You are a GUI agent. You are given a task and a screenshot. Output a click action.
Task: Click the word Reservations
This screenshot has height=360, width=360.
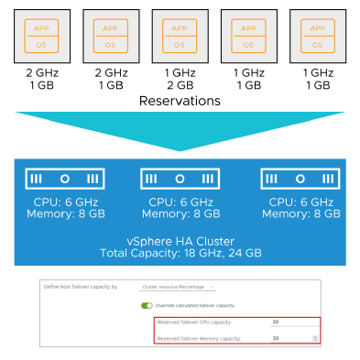click(x=180, y=100)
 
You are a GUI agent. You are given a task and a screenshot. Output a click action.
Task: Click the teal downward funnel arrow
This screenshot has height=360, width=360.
click(x=180, y=128)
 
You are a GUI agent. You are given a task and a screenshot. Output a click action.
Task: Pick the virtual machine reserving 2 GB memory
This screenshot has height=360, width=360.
click(x=180, y=36)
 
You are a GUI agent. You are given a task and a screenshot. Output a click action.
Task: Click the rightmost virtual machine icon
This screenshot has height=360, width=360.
click(x=317, y=36)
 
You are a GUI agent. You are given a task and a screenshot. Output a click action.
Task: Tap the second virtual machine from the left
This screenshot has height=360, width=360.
click(x=110, y=36)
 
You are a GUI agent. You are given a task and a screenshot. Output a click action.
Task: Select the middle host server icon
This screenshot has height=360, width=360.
click(x=180, y=178)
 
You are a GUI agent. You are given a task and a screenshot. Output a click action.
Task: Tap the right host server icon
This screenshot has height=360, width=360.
click(x=300, y=178)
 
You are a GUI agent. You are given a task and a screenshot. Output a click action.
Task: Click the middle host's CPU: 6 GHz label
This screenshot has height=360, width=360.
click(x=180, y=202)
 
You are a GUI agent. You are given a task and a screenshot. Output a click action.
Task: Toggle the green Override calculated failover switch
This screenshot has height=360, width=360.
click(x=146, y=305)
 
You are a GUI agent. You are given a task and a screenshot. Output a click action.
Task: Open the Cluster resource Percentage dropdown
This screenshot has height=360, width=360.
click(x=179, y=287)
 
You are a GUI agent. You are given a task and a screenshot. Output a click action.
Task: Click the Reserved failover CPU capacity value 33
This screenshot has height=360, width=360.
click(x=275, y=322)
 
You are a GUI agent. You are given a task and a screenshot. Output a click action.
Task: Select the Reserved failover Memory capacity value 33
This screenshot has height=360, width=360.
click(x=275, y=338)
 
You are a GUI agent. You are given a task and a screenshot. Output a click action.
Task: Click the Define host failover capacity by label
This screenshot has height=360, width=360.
click(x=82, y=287)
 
